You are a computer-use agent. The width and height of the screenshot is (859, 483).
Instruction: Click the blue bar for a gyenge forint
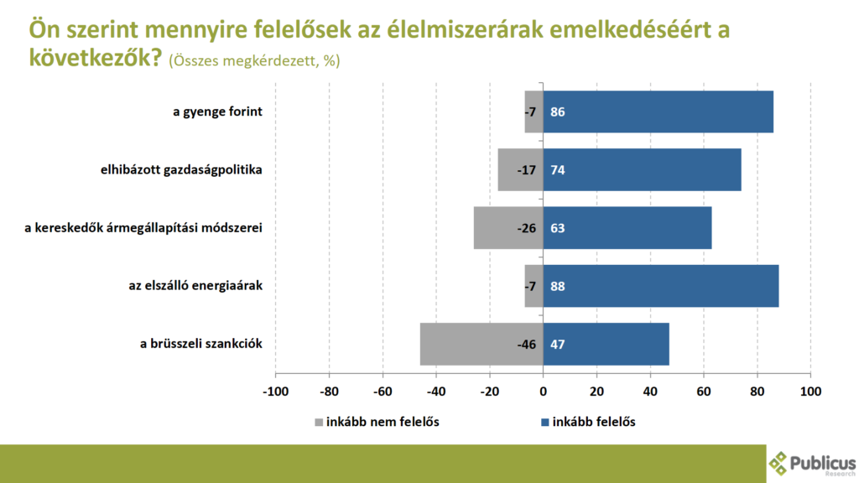click(x=658, y=112)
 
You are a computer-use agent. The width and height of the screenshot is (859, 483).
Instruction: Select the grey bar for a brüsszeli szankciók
click(x=481, y=344)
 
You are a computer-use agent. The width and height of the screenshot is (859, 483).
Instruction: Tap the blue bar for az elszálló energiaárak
click(x=660, y=286)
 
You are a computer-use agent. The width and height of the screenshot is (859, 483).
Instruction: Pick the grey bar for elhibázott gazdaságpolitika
click(x=520, y=169)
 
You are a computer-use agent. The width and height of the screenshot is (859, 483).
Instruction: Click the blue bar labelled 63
click(x=627, y=228)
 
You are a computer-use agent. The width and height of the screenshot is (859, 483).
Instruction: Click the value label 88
click(x=557, y=286)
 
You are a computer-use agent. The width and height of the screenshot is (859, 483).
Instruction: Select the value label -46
click(x=525, y=344)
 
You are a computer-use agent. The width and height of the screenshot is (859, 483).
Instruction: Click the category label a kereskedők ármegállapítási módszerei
click(x=143, y=228)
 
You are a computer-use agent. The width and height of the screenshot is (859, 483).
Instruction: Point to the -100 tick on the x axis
click(x=275, y=392)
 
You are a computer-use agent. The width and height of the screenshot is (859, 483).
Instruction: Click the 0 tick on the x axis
click(x=543, y=392)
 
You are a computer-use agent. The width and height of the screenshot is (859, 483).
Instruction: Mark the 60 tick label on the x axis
click(x=703, y=392)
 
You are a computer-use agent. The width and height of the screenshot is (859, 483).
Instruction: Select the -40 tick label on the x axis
click(x=435, y=392)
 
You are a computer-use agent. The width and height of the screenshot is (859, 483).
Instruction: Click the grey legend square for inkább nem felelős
click(x=320, y=423)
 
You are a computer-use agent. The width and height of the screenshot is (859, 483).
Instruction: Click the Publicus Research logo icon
click(x=778, y=462)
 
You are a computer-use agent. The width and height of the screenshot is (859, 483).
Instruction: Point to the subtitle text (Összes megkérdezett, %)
click(x=254, y=61)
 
